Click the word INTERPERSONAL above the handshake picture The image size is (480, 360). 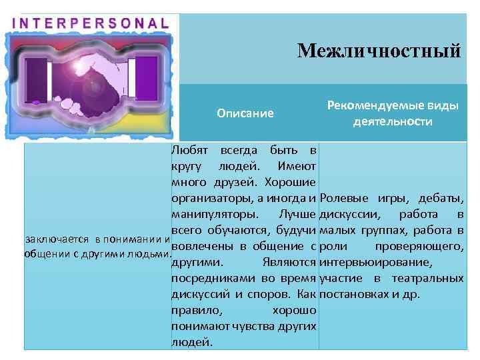tap(91, 22)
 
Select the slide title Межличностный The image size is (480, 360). tap(379, 50)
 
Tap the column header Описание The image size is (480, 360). tap(245, 113)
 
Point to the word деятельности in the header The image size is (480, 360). tap(393, 122)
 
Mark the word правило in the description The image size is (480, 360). tap(193, 311)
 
